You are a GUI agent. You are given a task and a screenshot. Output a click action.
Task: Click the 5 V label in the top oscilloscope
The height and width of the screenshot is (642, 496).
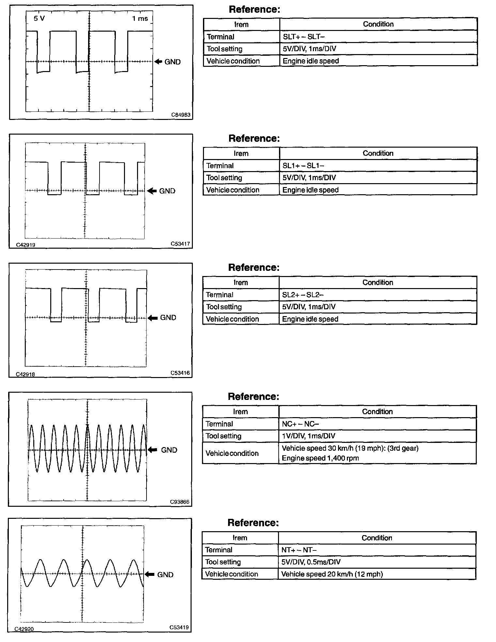pyautogui.click(x=39, y=19)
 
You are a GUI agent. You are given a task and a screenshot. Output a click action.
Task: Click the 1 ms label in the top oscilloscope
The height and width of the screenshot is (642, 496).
pyautogui.click(x=140, y=19)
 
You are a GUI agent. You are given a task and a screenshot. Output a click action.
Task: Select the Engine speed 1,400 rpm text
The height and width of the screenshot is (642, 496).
pyautogui.click(x=320, y=458)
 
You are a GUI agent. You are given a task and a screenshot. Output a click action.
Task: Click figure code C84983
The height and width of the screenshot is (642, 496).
pyautogui.click(x=181, y=115)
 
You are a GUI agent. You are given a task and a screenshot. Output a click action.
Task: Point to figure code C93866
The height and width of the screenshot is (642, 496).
pyautogui.click(x=179, y=502)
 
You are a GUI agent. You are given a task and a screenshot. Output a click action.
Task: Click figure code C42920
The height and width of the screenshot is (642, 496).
pyautogui.click(x=24, y=629)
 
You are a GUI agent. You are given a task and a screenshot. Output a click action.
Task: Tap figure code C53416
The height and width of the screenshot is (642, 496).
pyautogui.click(x=180, y=373)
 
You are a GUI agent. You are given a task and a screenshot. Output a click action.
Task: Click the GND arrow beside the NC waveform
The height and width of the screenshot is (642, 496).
pyautogui.click(x=152, y=450)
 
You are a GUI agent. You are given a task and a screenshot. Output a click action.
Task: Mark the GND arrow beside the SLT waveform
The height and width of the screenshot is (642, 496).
pyautogui.click(x=158, y=62)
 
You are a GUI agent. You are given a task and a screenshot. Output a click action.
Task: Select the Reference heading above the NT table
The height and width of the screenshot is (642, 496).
pyautogui.click(x=253, y=523)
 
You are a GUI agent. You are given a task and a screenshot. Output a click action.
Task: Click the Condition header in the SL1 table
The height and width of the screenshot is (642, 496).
pyautogui.click(x=378, y=153)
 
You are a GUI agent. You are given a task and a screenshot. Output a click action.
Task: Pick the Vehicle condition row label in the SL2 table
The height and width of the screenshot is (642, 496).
pyautogui.click(x=232, y=319)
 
